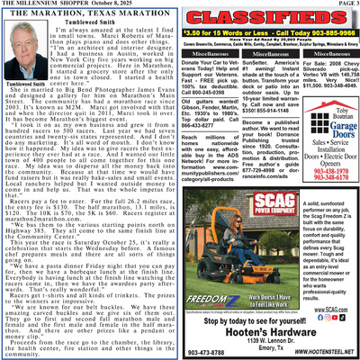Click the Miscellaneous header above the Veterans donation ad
[212, 55]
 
